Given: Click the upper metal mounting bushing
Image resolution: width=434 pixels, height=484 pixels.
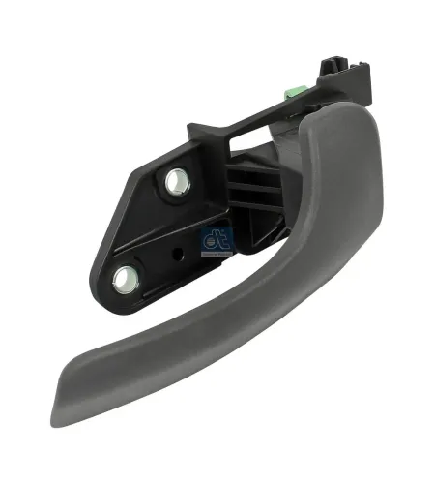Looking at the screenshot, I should [x=177, y=181].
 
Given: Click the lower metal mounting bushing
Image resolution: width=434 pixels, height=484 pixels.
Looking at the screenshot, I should [x=126, y=280].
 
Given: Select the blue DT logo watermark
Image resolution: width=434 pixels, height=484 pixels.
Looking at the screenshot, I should [x=216, y=238].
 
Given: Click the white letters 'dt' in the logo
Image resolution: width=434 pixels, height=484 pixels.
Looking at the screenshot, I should [x=216, y=233].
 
